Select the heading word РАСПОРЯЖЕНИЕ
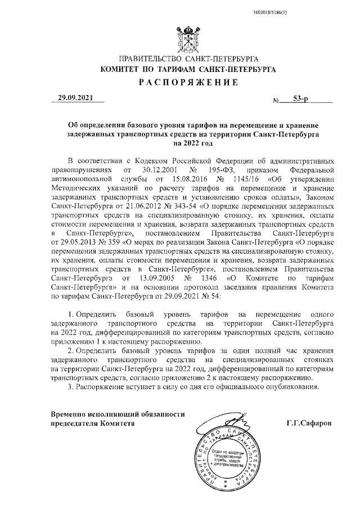pyautogui.click(x=186, y=82)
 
